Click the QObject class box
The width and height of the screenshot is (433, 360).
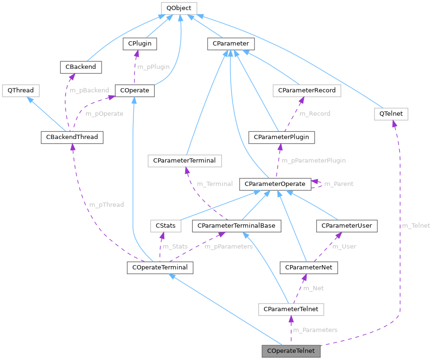click(x=179, y=8)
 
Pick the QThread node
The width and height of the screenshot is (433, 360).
click(x=20, y=90)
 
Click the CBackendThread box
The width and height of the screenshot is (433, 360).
click(x=72, y=138)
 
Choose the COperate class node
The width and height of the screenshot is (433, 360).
click(x=135, y=90)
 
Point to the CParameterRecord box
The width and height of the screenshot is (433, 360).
click(x=307, y=90)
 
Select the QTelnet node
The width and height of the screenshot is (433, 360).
click(x=391, y=114)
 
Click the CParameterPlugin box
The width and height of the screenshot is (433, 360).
click(x=282, y=137)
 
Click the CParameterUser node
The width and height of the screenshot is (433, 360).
click(x=347, y=226)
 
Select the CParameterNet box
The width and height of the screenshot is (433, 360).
click(x=309, y=268)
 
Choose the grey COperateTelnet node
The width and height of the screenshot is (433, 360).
click(x=292, y=351)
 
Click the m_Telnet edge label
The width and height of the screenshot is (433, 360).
click(x=415, y=226)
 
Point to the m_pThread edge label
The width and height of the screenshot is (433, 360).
click(x=106, y=205)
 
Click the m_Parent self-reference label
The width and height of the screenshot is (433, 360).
click(x=339, y=184)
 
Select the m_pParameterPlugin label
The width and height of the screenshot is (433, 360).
click(x=314, y=161)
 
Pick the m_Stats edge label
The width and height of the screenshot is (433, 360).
click(x=175, y=247)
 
